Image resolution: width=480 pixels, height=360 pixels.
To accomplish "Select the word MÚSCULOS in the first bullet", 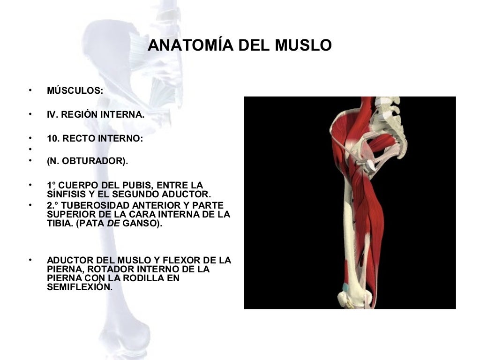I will click(x=74, y=90).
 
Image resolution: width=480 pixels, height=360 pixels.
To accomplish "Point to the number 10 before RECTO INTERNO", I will click(x=52, y=139).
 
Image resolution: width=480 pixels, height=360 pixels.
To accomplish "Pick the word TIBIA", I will click(x=58, y=224).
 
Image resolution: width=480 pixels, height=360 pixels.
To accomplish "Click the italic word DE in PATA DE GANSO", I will click(x=114, y=224).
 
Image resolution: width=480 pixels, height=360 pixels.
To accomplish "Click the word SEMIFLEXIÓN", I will click(x=79, y=287).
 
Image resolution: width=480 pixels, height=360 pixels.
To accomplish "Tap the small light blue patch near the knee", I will click(x=345, y=286).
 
